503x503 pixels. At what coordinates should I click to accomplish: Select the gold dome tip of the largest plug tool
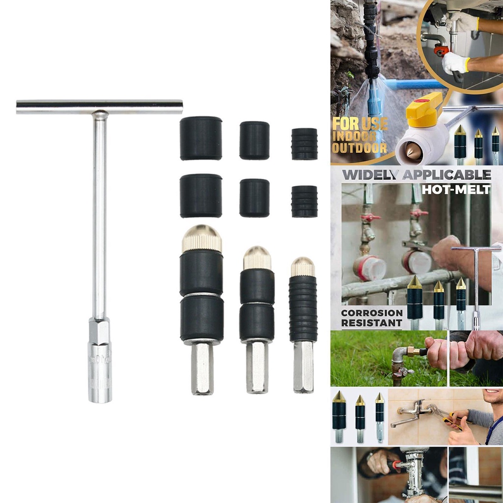coord(202,239)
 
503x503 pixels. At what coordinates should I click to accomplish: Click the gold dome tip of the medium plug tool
coord(257,258)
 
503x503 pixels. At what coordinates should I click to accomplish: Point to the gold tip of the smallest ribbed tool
coord(303,267)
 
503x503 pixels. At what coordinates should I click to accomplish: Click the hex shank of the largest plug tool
coord(202,368)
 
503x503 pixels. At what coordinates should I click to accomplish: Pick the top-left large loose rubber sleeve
coord(200,138)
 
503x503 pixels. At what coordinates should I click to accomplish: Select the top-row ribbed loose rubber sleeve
coord(304,144)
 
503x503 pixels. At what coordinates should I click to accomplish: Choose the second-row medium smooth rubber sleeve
coord(254,197)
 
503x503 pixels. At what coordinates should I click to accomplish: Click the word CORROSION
coord(372,313)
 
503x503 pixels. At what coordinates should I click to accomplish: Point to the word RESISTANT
coord(371,323)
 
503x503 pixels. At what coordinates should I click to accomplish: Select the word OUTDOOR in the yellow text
coord(359,148)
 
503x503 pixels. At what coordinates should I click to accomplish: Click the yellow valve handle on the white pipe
coord(424,109)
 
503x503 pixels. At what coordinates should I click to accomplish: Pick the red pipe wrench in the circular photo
coord(442,50)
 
